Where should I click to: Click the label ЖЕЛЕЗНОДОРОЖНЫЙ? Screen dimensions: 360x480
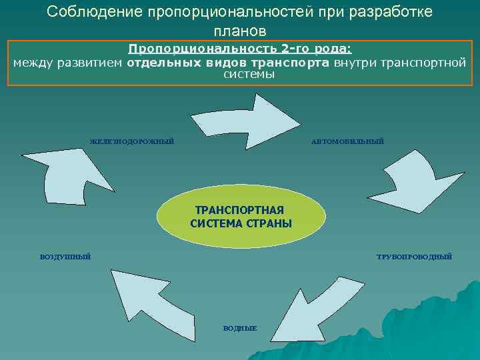(132, 141)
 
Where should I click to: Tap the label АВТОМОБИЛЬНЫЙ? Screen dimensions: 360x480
(347, 141)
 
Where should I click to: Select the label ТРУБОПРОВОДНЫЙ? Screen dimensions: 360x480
(414, 257)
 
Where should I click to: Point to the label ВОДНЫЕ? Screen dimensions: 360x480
(240, 328)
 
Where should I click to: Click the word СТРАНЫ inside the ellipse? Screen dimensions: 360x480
(270, 223)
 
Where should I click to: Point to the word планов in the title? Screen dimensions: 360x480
(240, 31)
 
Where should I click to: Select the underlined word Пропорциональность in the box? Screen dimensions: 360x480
(204, 50)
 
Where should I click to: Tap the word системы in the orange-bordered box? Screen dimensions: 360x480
(249, 74)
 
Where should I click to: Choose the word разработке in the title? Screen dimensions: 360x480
(392, 13)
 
